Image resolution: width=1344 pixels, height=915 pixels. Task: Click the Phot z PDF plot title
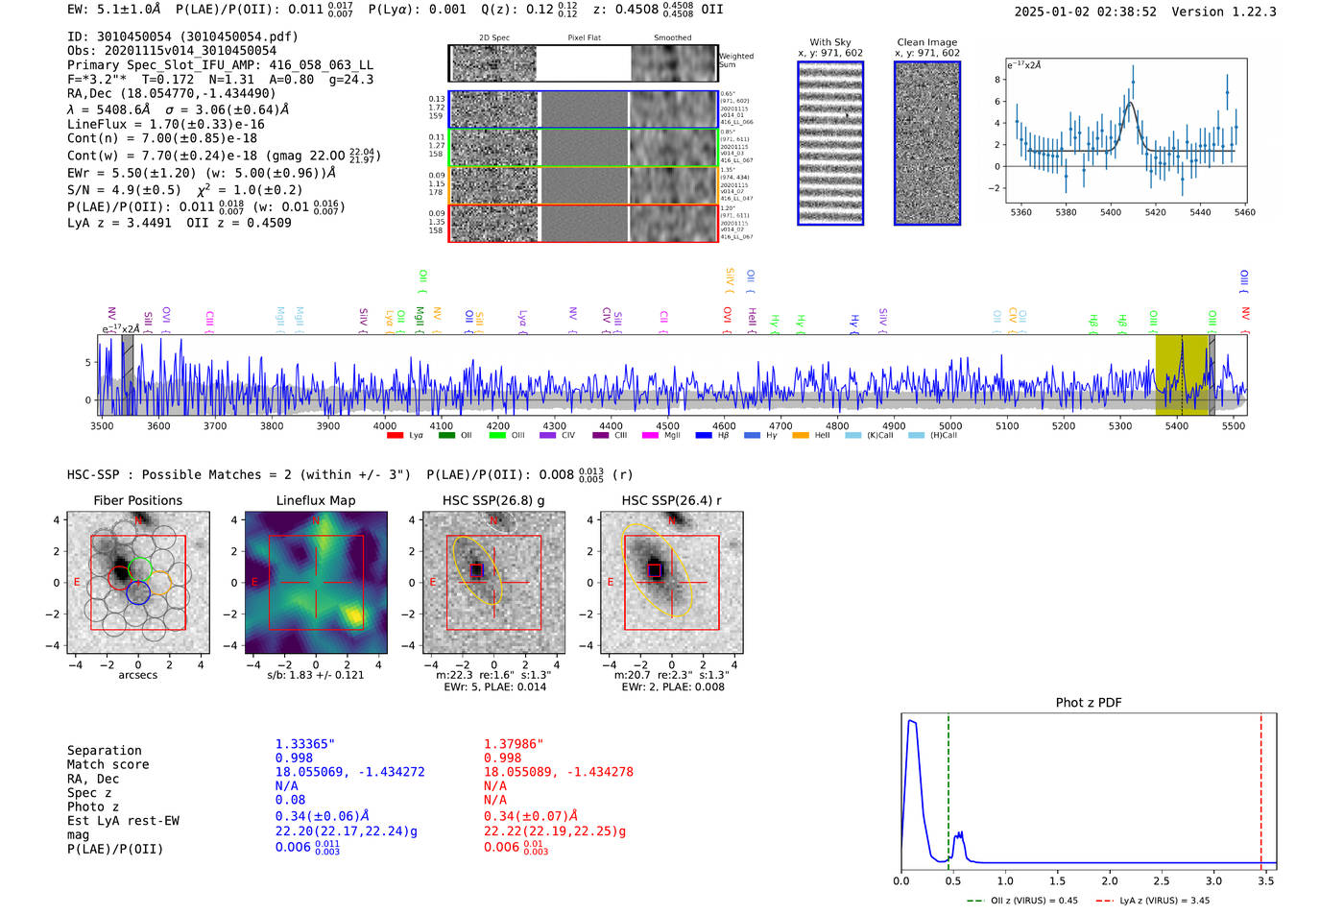coord(1089,703)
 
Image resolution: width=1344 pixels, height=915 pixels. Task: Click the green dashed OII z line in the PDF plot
coord(948,787)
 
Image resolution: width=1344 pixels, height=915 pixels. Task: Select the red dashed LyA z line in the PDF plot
coord(1261,787)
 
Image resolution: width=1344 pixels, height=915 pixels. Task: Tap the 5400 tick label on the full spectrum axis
coord(1176,426)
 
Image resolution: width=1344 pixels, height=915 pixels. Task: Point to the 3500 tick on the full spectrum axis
coord(102,426)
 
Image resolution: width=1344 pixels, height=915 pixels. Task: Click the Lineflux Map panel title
coord(316,501)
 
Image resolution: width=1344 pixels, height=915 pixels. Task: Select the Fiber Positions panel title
coord(138,501)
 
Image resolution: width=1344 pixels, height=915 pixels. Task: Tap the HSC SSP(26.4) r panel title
coord(671,501)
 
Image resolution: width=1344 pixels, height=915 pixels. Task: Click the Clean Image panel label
coord(926,42)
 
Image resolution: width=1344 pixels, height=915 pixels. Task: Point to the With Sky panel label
coord(830,42)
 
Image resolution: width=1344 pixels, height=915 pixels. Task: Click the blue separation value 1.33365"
coord(305,744)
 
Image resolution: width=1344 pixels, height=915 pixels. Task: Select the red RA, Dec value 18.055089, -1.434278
coord(558,772)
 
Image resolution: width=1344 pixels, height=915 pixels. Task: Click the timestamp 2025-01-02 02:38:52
coord(1085,12)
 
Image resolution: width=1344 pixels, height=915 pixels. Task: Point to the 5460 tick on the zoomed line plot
coord(1245,212)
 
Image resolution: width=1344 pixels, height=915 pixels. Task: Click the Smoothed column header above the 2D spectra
coord(673,38)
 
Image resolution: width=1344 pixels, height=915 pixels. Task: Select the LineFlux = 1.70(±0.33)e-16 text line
coord(166,124)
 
